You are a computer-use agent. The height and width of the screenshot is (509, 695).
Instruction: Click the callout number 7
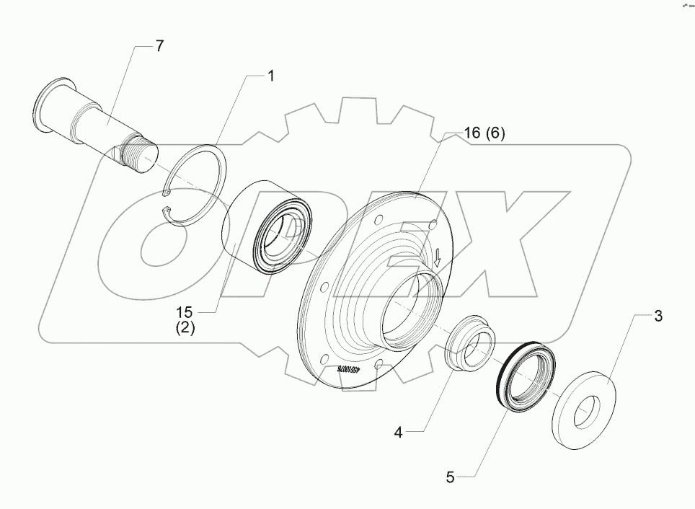point(159,45)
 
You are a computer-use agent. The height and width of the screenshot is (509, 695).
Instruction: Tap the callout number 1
point(271,76)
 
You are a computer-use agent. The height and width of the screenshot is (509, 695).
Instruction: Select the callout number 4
point(398,433)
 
